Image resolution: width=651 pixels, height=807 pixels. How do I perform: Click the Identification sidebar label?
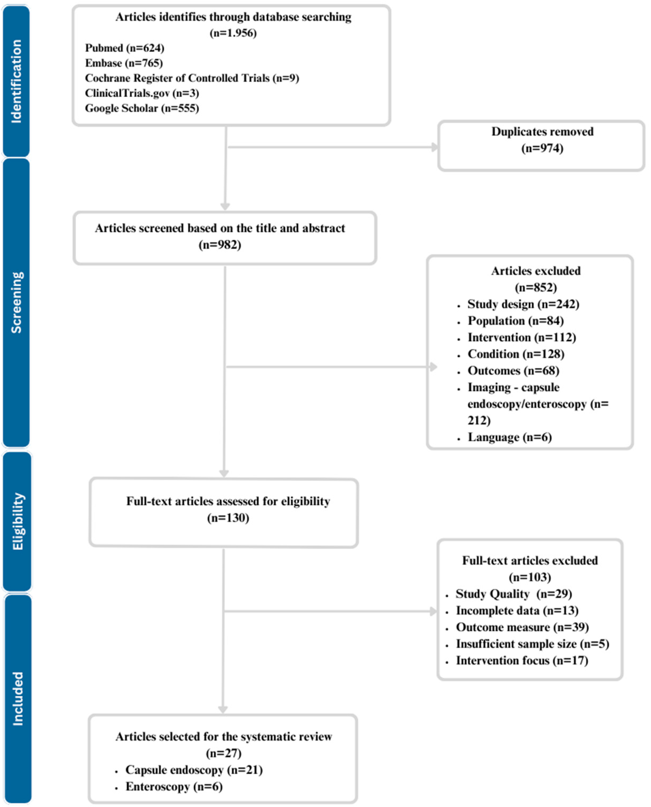point(16,81)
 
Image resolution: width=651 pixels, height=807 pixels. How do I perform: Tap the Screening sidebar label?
point(16,302)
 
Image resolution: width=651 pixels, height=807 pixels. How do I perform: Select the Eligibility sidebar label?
point(17,522)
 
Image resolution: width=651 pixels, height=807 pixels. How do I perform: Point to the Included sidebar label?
point(17,698)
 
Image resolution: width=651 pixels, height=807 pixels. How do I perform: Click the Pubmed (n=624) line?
point(125,48)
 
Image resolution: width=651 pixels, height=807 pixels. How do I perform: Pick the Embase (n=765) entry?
point(124,63)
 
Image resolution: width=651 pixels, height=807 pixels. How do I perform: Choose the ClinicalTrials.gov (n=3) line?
point(142,93)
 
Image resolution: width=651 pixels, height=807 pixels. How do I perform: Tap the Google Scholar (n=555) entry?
point(142,108)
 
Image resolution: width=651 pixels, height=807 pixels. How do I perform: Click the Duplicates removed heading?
point(542,132)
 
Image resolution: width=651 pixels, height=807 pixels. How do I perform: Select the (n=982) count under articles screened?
point(220,245)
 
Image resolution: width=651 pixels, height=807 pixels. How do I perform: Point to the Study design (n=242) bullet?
point(523,304)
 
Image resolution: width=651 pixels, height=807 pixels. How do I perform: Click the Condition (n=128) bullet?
point(516,354)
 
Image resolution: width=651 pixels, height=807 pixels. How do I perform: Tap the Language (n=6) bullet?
point(509,437)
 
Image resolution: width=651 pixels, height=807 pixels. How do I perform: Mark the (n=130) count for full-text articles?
point(228,518)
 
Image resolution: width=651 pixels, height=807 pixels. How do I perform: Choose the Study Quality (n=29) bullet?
point(513,594)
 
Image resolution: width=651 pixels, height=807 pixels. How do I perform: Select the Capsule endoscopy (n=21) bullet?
point(194,770)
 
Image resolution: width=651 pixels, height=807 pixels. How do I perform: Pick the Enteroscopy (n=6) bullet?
point(174,786)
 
